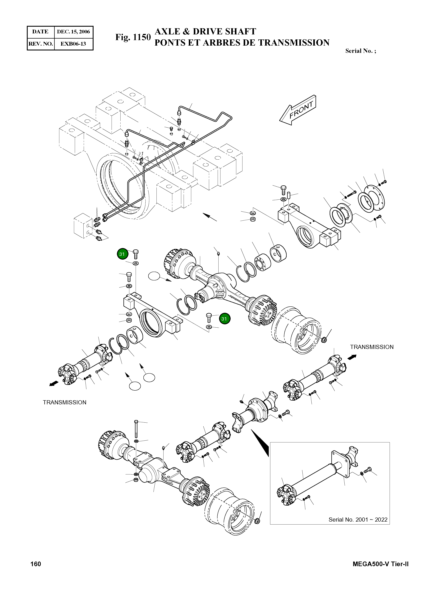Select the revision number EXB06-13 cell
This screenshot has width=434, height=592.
[x=73, y=44]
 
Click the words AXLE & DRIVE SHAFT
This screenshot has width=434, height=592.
[x=205, y=32]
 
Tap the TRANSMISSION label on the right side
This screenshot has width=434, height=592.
[x=371, y=347]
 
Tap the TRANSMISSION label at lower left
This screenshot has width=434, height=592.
[x=65, y=402]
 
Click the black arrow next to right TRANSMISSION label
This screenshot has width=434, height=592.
[x=352, y=357]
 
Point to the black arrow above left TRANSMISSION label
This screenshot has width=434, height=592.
[x=54, y=384]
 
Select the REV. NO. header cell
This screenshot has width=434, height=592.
[x=40, y=44]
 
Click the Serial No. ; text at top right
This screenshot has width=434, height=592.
[x=360, y=51]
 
